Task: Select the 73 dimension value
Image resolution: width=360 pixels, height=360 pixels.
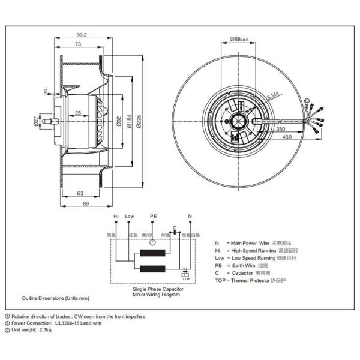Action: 79,45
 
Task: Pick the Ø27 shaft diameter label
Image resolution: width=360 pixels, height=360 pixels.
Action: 35,122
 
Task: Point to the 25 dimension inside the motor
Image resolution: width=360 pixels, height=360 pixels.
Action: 79,113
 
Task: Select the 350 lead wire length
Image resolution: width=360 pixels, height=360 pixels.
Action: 281,128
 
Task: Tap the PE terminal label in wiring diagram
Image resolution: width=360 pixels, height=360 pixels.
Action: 153,216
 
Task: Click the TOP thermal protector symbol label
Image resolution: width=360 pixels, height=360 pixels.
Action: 186,279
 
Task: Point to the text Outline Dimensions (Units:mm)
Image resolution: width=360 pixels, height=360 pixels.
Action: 55,298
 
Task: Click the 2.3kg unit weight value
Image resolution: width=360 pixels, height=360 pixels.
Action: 45,329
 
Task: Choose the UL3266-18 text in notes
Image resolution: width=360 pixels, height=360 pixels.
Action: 71,322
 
